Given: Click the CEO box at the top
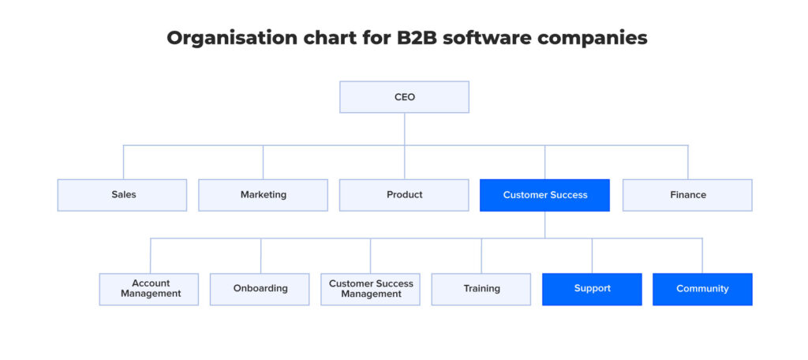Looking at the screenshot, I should point(404,97).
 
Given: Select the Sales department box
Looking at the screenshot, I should point(122,195).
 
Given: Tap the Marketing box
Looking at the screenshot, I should point(263,195).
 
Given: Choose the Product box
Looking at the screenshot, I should point(404,195).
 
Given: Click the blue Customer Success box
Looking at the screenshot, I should point(544,195).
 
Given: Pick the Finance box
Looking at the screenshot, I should point(687,195).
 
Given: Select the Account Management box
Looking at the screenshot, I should point(149,289).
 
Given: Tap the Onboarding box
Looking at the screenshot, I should point(260,289).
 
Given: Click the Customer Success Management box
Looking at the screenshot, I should point(370,289).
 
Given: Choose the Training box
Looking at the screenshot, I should point(481,289).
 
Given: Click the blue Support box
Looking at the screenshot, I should point(592,289).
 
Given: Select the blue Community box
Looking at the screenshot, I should point(702,289).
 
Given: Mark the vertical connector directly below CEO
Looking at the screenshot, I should point(404,129).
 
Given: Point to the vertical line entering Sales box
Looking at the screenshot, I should point(123,162).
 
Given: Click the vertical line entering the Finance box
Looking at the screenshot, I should point(687,162).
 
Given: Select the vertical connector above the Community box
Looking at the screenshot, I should point(702,256).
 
